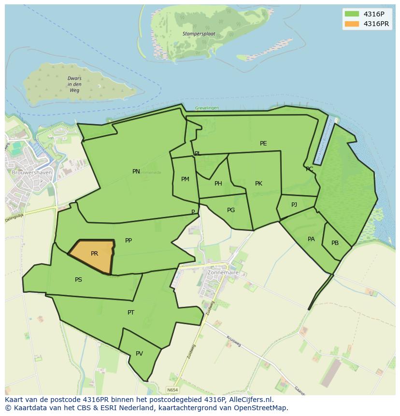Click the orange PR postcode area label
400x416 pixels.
click(94, 254)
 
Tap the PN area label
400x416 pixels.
click(136, 172)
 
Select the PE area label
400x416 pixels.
click(263, 143)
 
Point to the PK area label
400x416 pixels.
click(258, 184)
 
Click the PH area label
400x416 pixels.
click(218, 184)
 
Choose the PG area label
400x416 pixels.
click(231, 210)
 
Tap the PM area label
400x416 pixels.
click(185, 179)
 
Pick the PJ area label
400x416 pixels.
click(294, 205)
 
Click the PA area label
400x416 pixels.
click(311, 239)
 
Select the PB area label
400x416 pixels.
click(335, 243)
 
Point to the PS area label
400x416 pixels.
click(78, 280)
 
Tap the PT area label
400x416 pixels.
click(131, 313)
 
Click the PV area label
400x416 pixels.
click(139, 354)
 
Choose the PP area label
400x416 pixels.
click(129, 241)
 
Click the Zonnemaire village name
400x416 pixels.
click(223, 273)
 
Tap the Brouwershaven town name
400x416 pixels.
click(29, 172)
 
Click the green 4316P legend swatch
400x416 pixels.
click(352, 14)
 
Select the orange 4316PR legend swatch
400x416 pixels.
click(352, 24)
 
